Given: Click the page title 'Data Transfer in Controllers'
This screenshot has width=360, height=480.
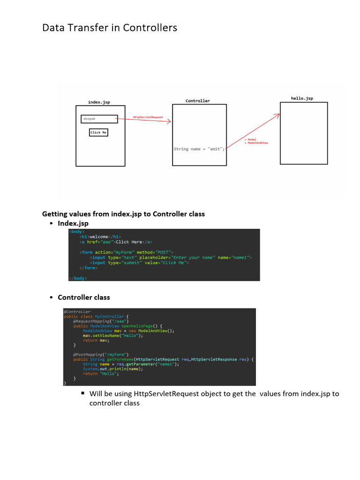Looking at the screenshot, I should click(110, 28).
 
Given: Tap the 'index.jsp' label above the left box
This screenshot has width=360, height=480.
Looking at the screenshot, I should click(99, 102).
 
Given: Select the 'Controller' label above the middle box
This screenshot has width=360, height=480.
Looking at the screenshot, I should click(198, 101).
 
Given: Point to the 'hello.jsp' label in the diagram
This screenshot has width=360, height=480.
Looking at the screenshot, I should click(302, 98).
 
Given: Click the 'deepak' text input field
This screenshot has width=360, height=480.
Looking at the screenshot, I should click(99, 119).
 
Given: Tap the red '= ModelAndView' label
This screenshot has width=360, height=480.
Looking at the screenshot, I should click(257, 142).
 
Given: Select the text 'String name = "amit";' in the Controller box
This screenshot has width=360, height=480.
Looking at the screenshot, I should click(199, 149).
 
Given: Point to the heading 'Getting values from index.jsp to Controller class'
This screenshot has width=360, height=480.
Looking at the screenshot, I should click(123, 214).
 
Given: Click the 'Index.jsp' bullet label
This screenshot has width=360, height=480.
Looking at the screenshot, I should click(73, 224).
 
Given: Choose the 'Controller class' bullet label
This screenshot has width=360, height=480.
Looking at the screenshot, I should click(84, 297).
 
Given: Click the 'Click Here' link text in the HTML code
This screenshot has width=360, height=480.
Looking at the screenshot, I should click(129, 242).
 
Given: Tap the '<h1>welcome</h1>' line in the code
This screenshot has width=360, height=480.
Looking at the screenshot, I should click(100, 237).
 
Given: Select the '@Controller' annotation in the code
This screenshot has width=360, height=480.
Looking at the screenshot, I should click(77, 312).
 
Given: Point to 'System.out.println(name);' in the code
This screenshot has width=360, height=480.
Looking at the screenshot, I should click(113, 369).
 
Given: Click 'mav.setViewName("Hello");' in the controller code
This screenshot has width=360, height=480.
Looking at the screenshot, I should click(113, 336).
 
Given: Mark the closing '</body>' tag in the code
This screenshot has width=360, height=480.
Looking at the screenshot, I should click(78, 278).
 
